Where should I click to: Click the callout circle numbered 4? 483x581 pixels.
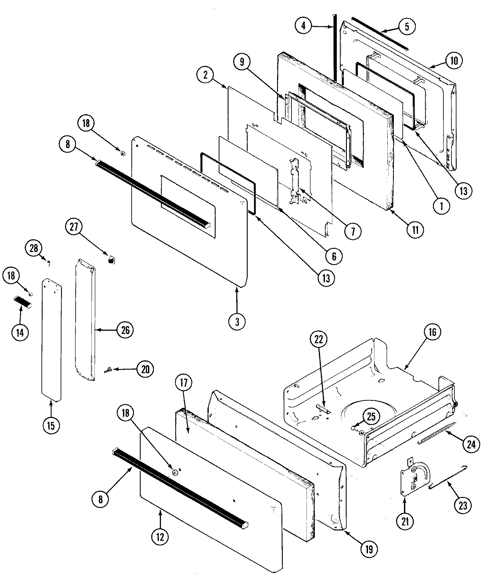tap(303, 25)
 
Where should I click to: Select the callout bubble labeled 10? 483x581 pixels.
tap(454, 60)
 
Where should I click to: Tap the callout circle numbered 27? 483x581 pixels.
tap(73, 228)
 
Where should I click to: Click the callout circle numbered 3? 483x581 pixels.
tap(237, 321)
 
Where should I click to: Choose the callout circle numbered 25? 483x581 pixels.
tap(371, 416)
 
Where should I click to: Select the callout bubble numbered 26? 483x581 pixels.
tap(125, 330)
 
